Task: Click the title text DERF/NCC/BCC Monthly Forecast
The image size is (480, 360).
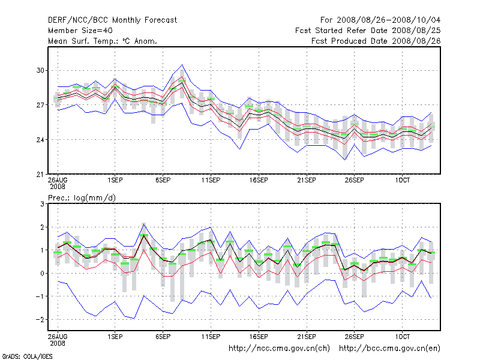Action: pyautogui.click(x=112, y=20)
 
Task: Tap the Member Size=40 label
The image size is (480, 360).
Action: pyautogui.click(x=80, y=30)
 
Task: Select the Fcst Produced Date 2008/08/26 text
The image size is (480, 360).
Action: pyautogui.click(x=376, y=41)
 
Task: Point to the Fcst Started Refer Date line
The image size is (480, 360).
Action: pyautogui.click(x=368, y=30)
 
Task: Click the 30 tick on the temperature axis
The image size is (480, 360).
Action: pyautogui.click(x=41, y=70)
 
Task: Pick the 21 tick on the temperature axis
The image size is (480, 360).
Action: pyautogui.click(x=41, y=175)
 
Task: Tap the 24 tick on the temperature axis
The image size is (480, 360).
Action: pyautogui.click(x=41, y=140)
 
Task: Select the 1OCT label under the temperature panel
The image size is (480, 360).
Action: pyautogui.click(x=402, y=180)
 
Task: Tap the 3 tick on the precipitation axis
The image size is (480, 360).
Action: pyautogui.click(x=43, y=204)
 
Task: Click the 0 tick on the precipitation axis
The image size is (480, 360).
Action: pyautogui.click(x=43, y=274)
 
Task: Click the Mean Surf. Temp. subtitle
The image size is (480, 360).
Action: pyautogui.click(x=102, y=41)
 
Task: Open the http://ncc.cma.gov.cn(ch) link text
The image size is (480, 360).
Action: pyautogui.click(x=280, y=348)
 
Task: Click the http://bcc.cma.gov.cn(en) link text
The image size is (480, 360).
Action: pyautogui.click(x=390, y=348)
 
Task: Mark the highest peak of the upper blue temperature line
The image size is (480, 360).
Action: pyautogui.click(x=182, y=64)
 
